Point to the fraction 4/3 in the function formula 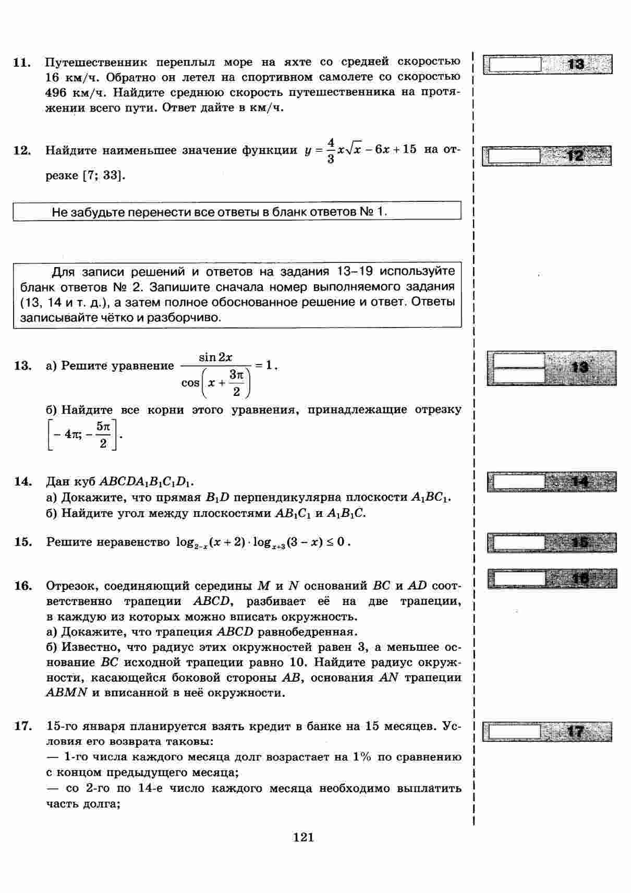tap(330, 150)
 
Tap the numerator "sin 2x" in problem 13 tap(215, 357)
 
